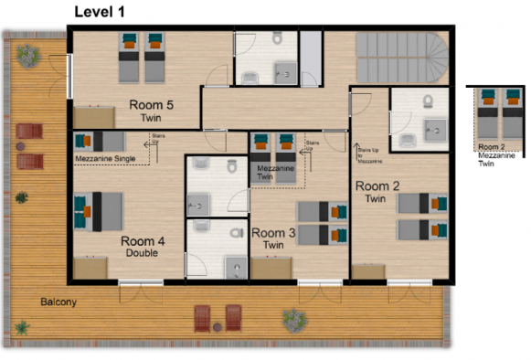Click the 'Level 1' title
(100, 12)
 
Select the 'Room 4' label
(143, 241)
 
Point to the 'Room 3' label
(273, 234)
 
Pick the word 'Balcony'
(58, 302)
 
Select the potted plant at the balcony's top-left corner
(27, 56)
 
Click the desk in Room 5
(94, 116)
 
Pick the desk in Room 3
(275, 269)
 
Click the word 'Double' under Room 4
(143, 253)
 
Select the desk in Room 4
(91, 267)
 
